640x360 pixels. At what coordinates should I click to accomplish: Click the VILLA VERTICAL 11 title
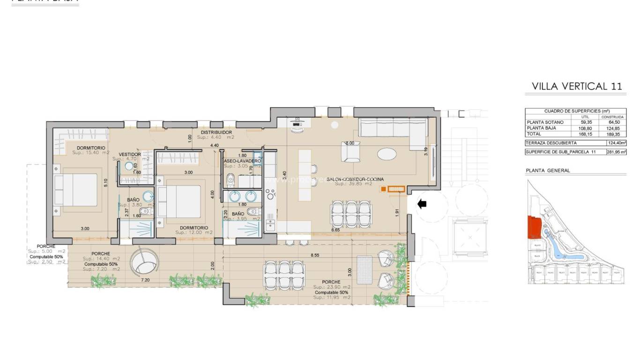pos(577,86)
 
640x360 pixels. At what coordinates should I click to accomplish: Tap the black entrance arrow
pos(422,204)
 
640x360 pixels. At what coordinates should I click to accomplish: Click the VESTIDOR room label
pos(130,154)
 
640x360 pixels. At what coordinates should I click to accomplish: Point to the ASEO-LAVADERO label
pos(242,161)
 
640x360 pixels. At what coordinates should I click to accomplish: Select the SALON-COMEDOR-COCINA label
pos(359,179)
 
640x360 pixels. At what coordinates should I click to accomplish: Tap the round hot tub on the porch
pos(144,263)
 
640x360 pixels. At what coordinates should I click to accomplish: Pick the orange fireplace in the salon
pos(396,188)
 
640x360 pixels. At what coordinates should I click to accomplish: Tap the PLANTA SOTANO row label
pos(545,122)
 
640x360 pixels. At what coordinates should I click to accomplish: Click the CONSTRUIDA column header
pos(612,117)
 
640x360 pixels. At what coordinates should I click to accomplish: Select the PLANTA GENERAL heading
pos(548,171)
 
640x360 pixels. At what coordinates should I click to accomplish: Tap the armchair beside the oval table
pos(350,151)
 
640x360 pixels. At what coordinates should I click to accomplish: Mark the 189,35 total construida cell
pos(612,134)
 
